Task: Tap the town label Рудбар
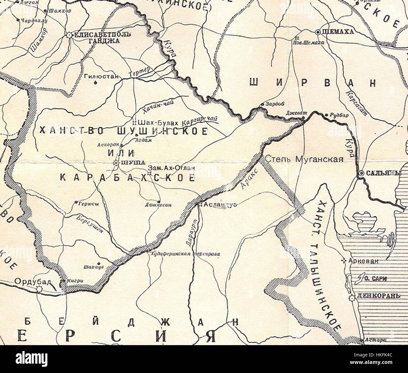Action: coord(339,115)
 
